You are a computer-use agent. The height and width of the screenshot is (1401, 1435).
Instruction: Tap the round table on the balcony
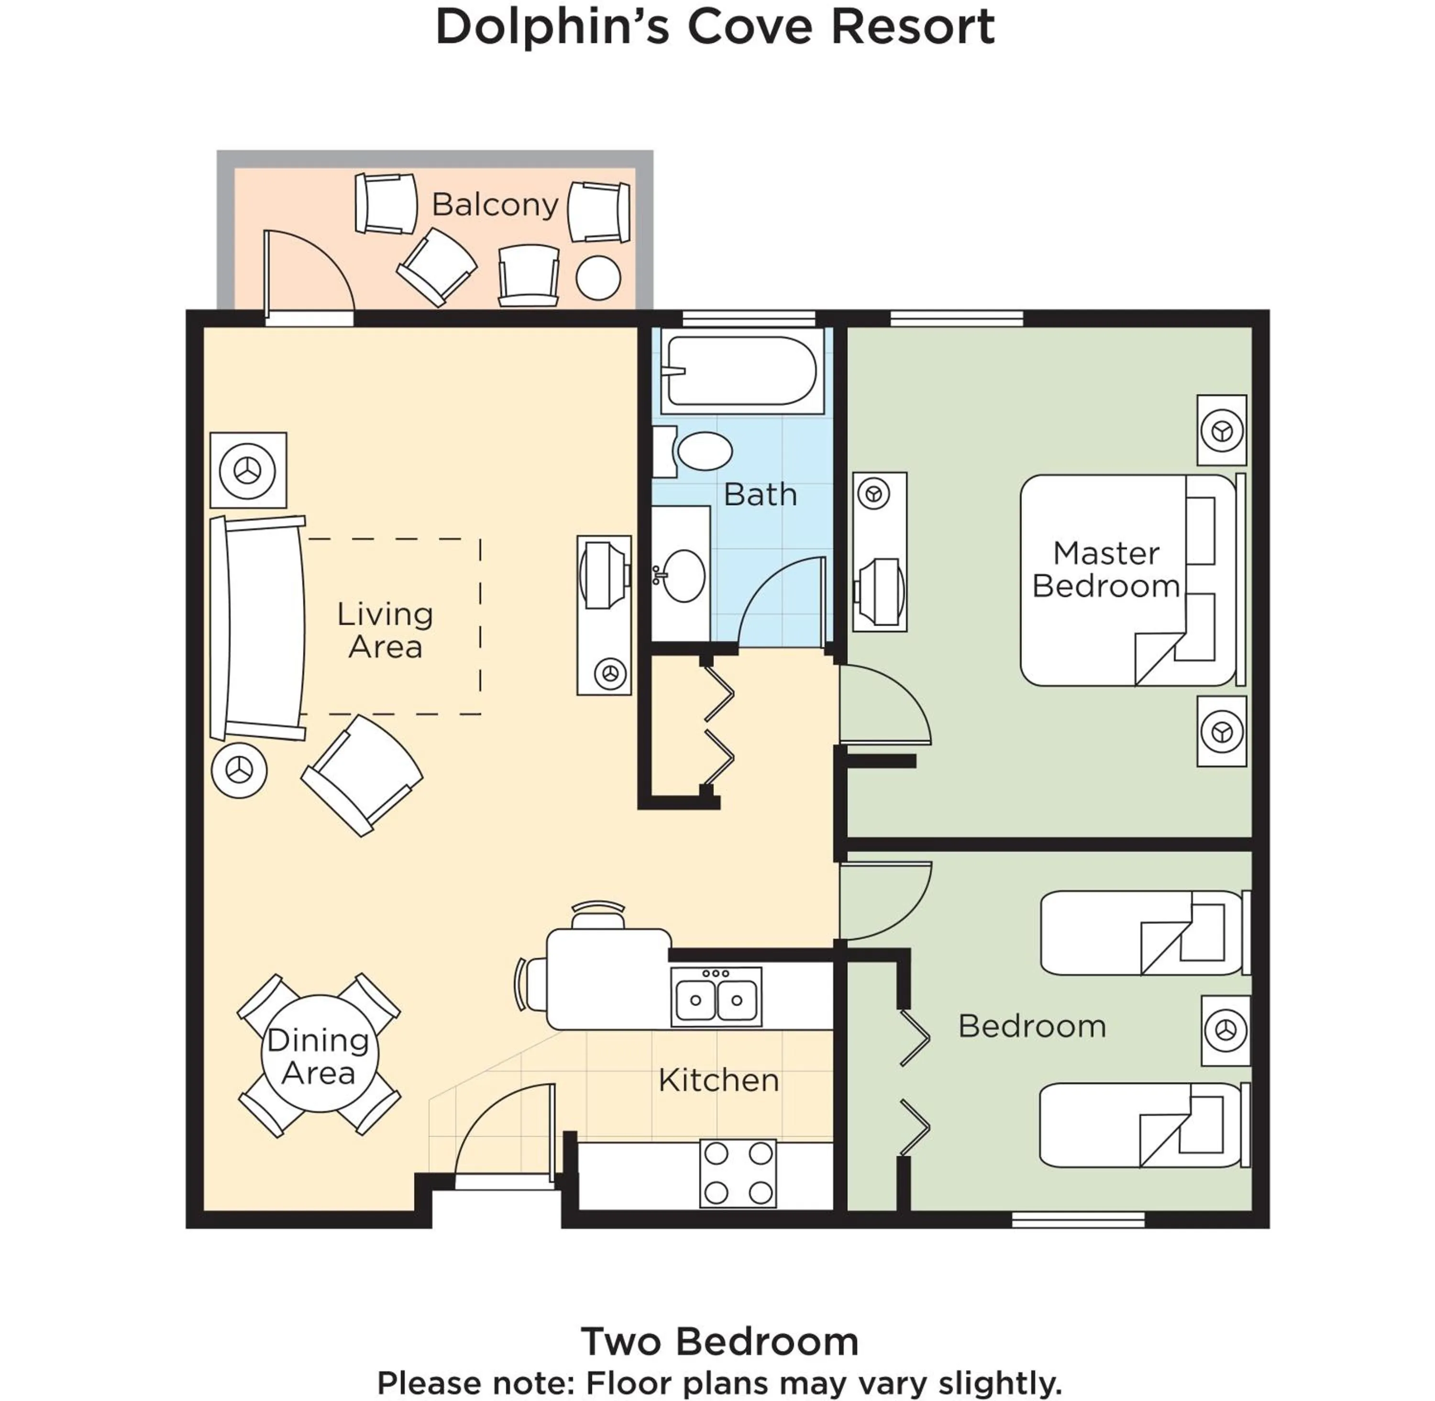(x=598, y=278)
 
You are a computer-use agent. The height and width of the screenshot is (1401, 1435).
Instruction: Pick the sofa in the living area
(x=257, y=628)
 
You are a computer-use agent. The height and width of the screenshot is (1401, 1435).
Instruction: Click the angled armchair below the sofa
(x=362, y=775)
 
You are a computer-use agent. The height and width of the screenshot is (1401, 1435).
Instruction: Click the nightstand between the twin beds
(x=1225, y=1030)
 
